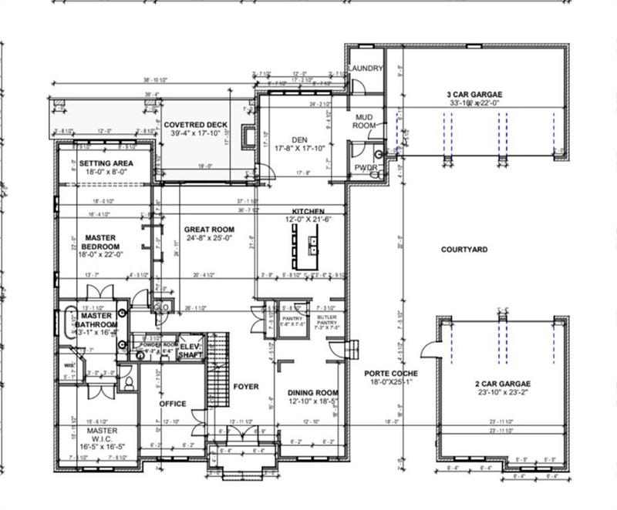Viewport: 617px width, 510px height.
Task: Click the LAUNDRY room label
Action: pos(365,69)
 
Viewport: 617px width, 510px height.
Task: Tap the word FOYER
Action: pos(246,386)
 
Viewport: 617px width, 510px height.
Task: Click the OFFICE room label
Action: pos(174,403)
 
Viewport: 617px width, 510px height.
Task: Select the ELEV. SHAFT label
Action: pos(190,351)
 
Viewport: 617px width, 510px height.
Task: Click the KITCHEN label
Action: pos(307,211)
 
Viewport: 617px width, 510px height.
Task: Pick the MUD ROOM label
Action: pos(364,119)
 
